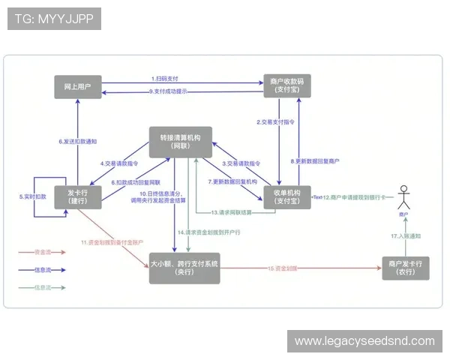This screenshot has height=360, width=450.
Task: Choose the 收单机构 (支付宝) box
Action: [x=282, y=196]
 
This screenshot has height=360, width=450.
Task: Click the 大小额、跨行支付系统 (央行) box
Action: [x=184, y=268]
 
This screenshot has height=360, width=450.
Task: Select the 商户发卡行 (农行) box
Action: [x=405, y=268]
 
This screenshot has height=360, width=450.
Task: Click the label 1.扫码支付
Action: [x=164, y=78]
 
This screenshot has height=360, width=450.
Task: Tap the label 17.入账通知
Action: [x=405, y=235]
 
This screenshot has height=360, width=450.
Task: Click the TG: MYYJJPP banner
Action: [x=53, y=18]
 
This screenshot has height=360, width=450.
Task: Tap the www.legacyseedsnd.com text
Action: [x=364, y=341]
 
